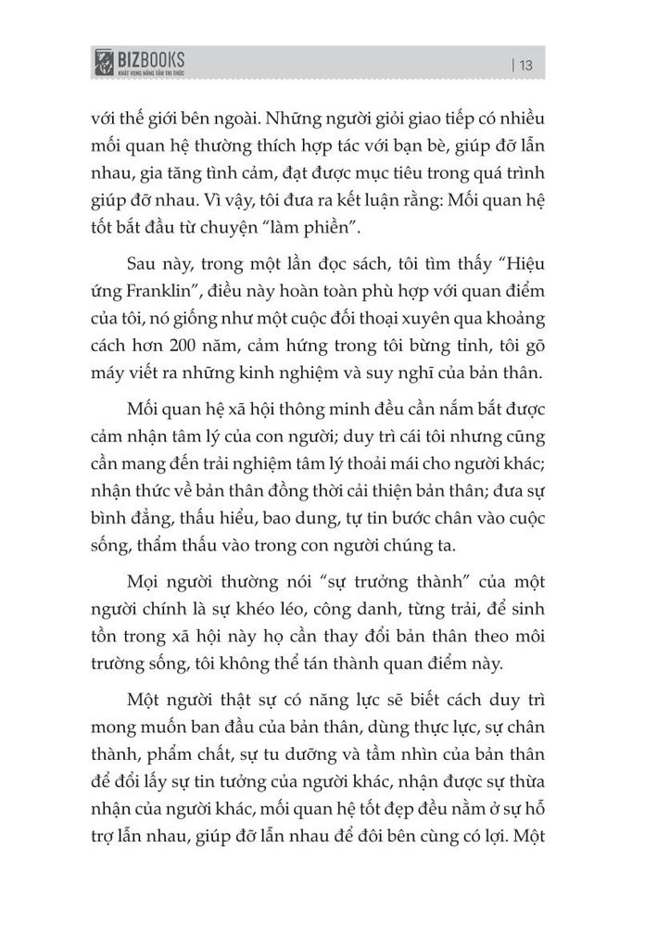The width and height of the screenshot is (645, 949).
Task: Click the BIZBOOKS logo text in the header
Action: coord(151,60)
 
